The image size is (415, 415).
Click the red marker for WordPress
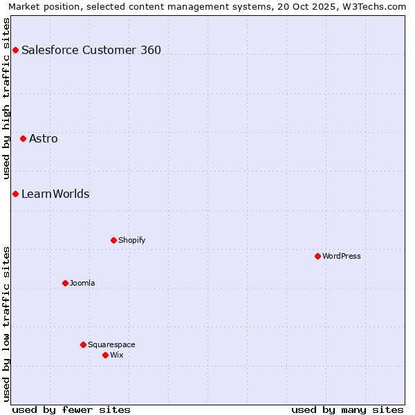(317, 256)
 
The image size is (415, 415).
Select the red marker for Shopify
(113, 240)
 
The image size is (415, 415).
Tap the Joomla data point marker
(65, 283)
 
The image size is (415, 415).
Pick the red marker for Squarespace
(83, 344)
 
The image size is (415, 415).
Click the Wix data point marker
(105, 355)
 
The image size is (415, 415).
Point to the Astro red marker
(23, 138)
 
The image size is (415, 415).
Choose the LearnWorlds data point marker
(15, 194)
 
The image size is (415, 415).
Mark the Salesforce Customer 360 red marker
(15, 50)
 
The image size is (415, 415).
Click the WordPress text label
(342, 256)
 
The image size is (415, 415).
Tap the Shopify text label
(131, 240)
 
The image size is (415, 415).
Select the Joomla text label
(82, 283)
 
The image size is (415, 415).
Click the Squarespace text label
(111, 344)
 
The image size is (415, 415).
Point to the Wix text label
(116, 355)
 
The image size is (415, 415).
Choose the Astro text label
(44, 138)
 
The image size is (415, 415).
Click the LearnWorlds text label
(55, 194)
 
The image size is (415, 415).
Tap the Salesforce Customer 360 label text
(91, 50)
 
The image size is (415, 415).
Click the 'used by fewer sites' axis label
(71, 409)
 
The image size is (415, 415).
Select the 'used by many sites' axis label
(347, 409)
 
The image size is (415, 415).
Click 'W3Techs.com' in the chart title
(377, 7)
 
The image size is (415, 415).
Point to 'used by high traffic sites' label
(7, 98)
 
